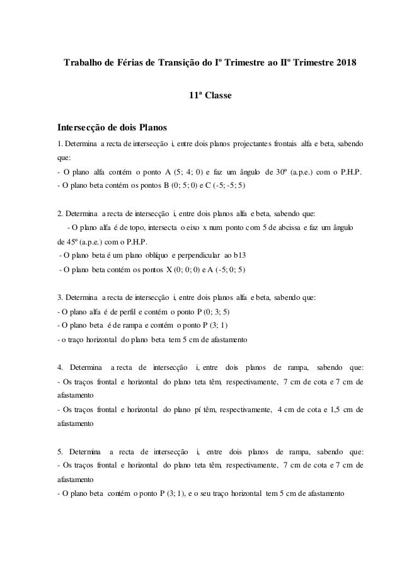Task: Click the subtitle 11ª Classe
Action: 210,96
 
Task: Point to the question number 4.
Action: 59,368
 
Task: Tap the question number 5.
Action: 59,452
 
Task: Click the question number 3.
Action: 59,298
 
